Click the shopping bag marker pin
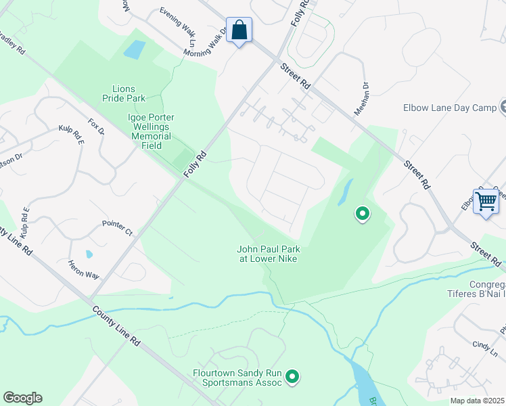[x=239, y=30]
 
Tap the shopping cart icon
[x=486, y=201]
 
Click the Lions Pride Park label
[x=124, y=93]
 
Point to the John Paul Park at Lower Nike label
[x=267, y=253]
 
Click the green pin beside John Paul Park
[x=363, y=215]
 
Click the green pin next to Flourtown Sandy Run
[x=292, y=376]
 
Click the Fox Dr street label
[x=97, y=128]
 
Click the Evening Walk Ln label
[x=177, y=21]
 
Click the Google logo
[x=22, y=398]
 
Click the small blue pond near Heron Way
[x=89, y=254]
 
